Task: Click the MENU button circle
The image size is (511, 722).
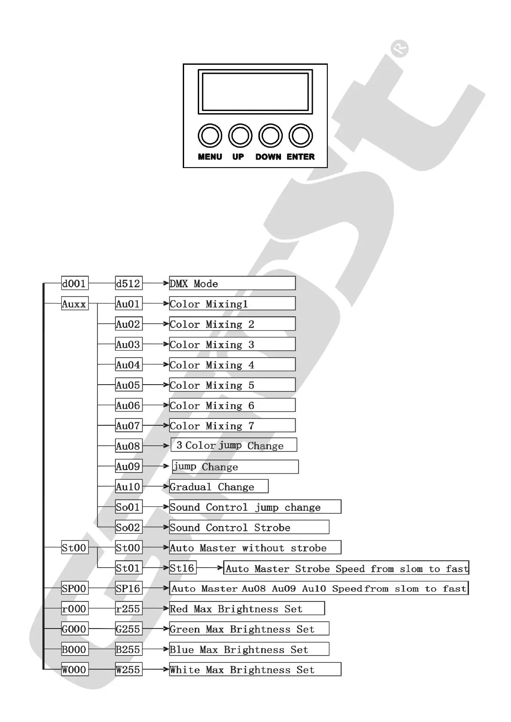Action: [210, 136]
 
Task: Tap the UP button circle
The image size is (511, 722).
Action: [240, 136]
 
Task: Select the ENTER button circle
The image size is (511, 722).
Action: [301, 136]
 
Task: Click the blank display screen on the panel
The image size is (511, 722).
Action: [255, 92]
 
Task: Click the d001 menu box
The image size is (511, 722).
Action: [75, 283]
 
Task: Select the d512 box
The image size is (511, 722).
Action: [129, 283]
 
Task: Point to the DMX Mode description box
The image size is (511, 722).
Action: [232, 283]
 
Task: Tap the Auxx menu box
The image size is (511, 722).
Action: [75, 304]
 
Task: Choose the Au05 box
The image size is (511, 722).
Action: [129, 385]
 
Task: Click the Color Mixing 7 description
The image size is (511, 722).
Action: [232, 426]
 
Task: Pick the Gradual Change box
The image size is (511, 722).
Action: [219, 487]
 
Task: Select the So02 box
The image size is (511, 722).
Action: [129, 527]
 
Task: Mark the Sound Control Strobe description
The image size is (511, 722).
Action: [249, 527]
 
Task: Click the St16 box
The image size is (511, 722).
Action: [183, 568]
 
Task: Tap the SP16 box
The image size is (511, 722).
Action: [129, 588]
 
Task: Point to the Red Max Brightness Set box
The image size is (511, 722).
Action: [247, 609]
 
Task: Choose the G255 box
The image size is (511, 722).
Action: [129, 629]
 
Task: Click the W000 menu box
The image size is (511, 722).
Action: [75, 670]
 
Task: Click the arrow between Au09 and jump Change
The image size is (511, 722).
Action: [156, 466]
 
